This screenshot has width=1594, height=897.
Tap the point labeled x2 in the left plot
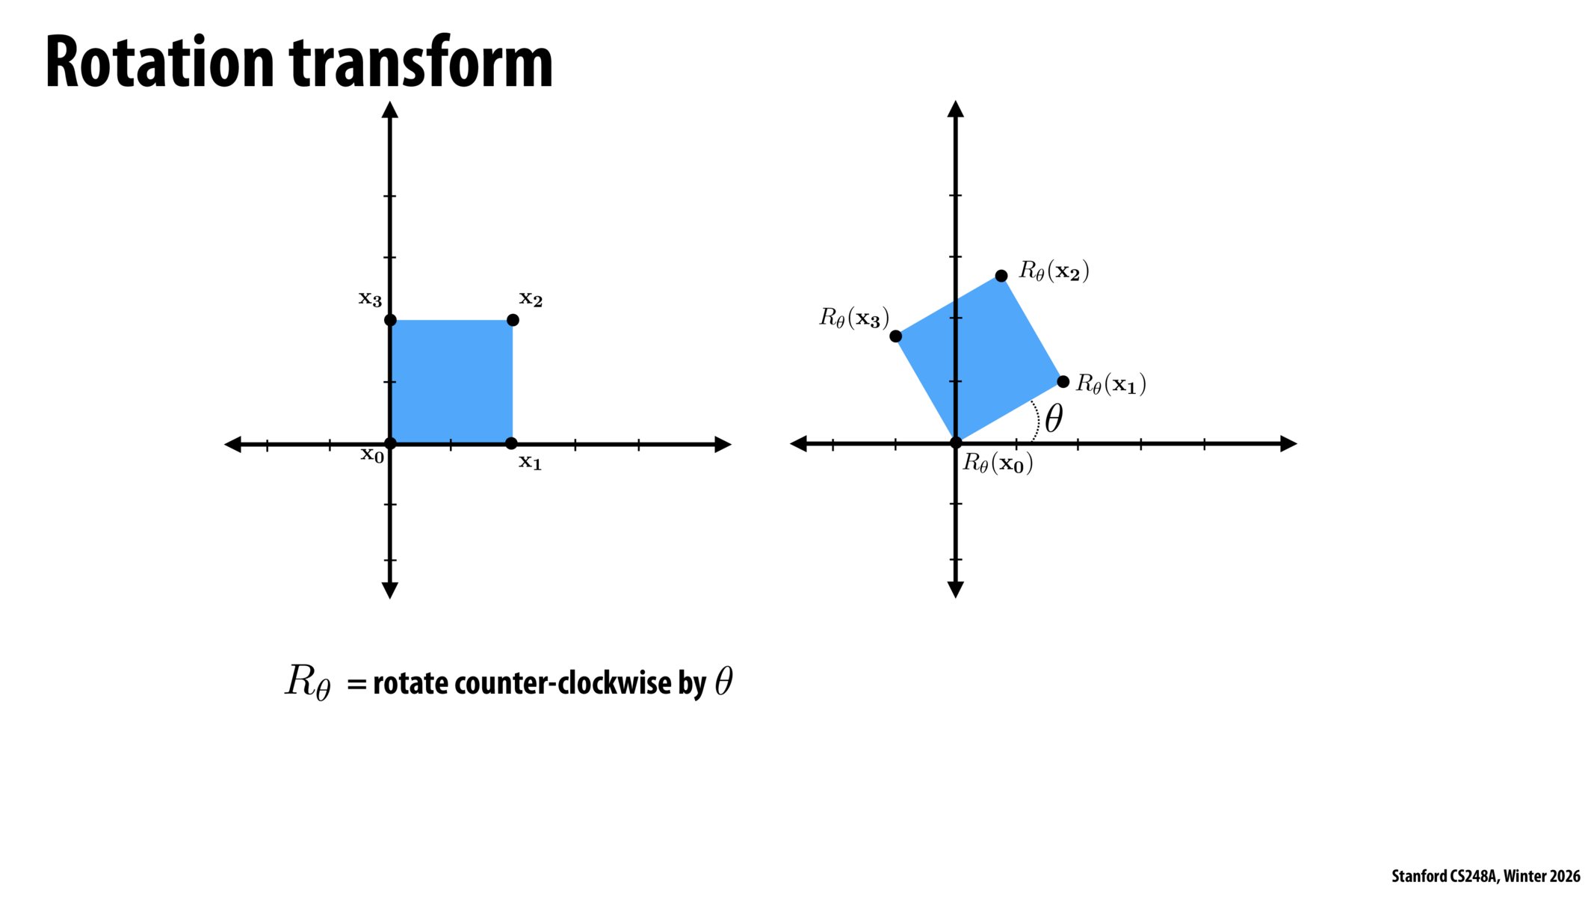pyautogui.click(x=513, y=320)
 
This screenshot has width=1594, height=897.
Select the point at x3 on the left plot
pyautogui.click(x=390, y=320)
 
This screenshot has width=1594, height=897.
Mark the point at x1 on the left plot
pyautogui.click(x=511, y=443)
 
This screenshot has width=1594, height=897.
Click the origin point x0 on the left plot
pyautogui.click(x=390, y=443)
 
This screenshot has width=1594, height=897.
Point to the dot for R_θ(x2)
pyautogui.click(x=1001, y=276)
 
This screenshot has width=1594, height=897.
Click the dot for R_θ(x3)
pyautogui.click(x=895, y=336)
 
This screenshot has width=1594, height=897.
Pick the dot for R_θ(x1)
pyautogui.click(x=1063, y=382)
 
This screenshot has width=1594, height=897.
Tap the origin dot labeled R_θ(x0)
pyautogui.click(x=955, y=443)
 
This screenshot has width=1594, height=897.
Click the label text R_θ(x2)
pyautogui.click(x=1054, y=271)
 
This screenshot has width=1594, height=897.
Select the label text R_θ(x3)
pyautogui.click(x=854, y=318)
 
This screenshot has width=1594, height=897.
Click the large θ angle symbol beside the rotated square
pyautogui.click(x=1054, y=419)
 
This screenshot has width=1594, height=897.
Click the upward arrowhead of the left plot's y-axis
pyautogui.click(x=390, y=110)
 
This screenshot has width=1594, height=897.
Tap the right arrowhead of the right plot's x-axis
pyautogui.click(x=1288, y=443)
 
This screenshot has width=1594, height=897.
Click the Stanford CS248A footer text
pyautogui.click(x=1485, y=876)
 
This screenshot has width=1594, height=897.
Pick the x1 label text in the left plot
pyautogui.click(x=530, y=463)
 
